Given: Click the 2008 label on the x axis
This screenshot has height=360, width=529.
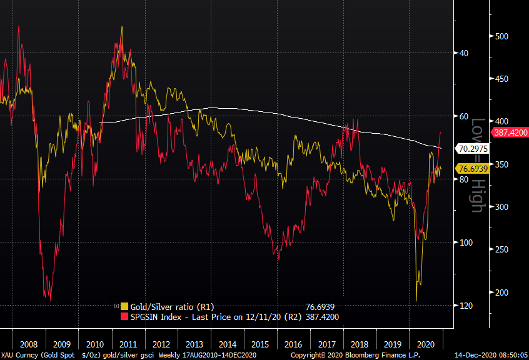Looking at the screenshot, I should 28,344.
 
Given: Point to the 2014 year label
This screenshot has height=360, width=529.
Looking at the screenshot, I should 228,344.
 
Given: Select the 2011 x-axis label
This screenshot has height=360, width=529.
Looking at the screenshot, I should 128,344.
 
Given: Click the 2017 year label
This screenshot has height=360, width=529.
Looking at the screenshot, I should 327,344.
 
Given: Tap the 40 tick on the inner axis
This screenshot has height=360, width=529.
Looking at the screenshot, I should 464,53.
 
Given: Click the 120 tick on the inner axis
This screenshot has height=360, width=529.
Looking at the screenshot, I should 466,306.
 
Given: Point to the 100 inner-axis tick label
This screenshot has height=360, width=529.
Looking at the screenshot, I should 466,242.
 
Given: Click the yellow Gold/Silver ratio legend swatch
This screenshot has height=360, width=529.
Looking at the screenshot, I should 124,307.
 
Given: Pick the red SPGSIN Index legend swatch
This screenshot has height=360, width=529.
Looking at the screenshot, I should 124,317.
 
